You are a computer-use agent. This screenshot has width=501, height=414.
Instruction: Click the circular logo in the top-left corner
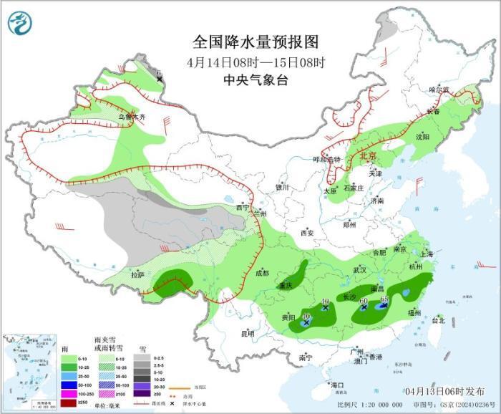[x=21, y=23]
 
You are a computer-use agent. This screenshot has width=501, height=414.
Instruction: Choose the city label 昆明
[x=248, y=333]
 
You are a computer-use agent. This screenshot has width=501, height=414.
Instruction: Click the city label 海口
[x=338, y=385]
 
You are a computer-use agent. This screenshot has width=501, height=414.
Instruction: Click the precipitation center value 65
[x=384, y=298]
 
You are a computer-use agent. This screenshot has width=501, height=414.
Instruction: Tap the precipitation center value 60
[x=364, y=301]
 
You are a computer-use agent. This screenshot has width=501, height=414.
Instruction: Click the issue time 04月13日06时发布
[x=444, y=390]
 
